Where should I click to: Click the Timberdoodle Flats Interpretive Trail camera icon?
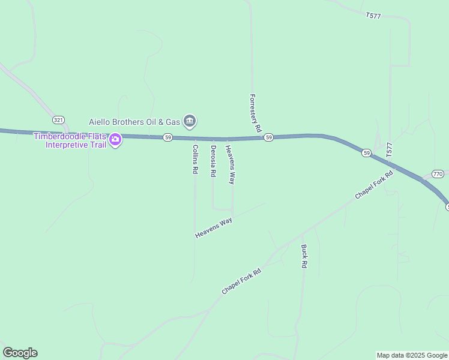115,140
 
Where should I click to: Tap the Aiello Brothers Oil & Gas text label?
135,121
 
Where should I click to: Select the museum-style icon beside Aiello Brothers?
190,121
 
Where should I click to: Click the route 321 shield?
58,120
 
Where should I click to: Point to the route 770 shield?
438,174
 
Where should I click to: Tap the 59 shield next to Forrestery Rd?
268,137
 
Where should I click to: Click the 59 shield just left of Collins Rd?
168,137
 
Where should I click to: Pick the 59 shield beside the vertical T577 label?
367,154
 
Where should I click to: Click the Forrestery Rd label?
256,113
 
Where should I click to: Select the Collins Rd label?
195,159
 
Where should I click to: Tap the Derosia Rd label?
213,161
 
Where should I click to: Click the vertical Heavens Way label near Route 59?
230,164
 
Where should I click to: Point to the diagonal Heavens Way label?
214,228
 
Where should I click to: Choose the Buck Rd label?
304,256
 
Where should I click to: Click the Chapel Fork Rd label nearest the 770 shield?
373,185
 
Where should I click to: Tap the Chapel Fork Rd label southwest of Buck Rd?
241,281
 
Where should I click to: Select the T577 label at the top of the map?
373,15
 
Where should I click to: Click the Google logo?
20,353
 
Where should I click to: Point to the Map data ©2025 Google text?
412,355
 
